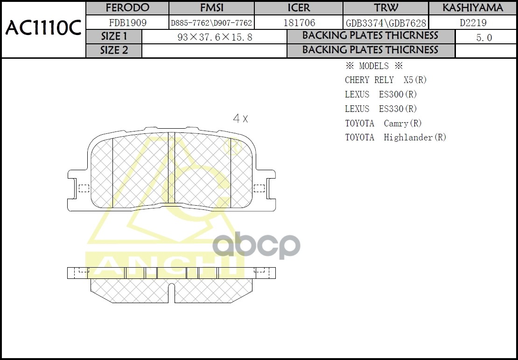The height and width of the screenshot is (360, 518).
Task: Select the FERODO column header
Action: tap(127, 8)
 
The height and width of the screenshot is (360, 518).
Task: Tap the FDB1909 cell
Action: tap(127, 22)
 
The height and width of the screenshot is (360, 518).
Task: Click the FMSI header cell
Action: tap(211, 8)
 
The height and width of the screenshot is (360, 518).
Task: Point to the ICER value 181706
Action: tap(299, 22)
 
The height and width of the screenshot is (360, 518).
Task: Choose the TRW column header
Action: tap(386, 8)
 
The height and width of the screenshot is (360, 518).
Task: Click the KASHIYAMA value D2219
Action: tap(473, 22)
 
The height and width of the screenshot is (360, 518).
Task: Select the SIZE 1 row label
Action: tap(114, 36)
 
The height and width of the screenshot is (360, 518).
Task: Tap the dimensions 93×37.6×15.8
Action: tap(215, 37)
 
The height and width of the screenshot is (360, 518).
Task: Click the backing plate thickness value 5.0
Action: tap(484, 37)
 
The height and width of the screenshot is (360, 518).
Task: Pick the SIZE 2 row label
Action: tap(114, 50)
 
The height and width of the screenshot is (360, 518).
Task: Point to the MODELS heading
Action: tap(373, 66)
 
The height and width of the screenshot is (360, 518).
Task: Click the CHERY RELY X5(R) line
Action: tap(385, 80)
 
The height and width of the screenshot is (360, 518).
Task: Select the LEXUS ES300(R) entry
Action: tap(381, 94)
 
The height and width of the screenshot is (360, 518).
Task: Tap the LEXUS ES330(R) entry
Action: tap(381, 109)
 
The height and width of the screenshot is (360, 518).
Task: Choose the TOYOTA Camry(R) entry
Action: tap(383, 123)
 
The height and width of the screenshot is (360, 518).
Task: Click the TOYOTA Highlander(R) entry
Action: tap(395, 138)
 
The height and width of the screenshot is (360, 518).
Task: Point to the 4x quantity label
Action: tap(240, 119)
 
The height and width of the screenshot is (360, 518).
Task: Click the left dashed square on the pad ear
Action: tap(84, 188)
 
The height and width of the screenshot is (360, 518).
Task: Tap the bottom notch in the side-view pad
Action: tap(171, 294)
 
